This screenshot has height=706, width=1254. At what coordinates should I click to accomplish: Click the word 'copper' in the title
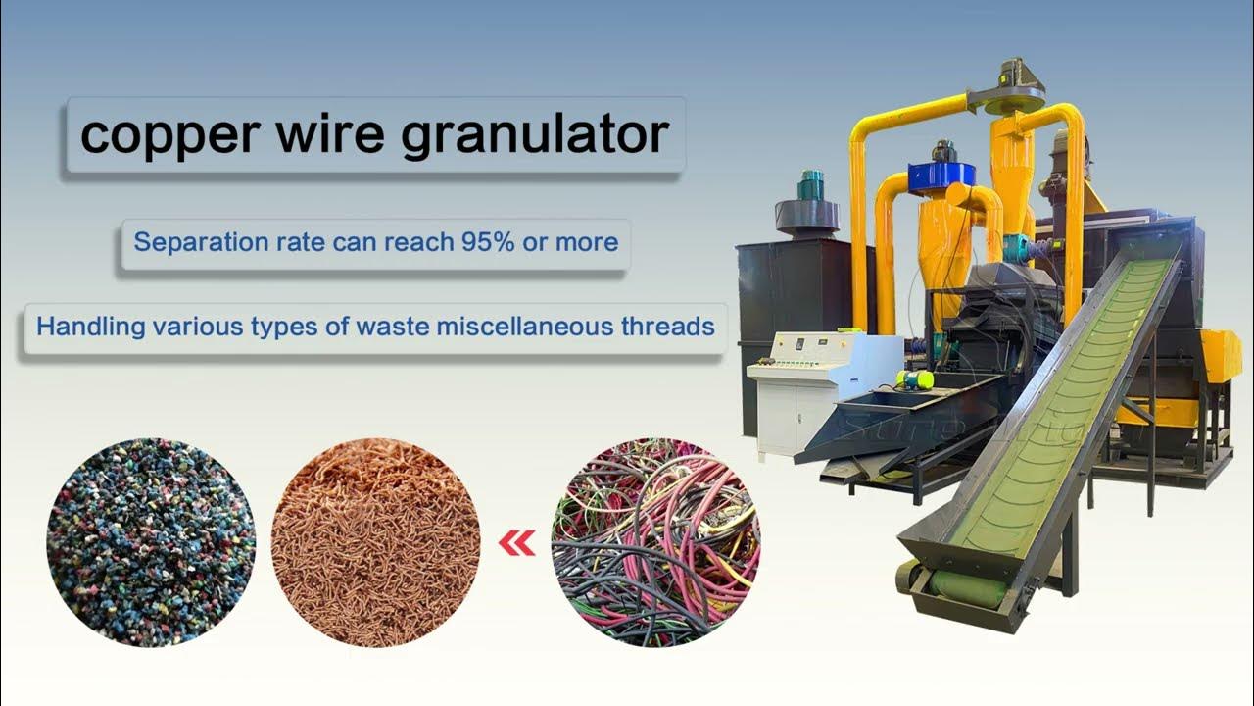[x=170, y=136]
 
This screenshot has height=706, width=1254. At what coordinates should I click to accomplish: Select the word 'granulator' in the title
[x=535, y=136]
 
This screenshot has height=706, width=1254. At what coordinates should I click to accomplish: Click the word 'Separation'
[x=201, y=242]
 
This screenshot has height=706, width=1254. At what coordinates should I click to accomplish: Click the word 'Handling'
[x=91, y=327]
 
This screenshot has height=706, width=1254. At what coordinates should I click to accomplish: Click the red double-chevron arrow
[x=516, y=543]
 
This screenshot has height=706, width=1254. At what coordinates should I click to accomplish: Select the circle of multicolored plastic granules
[x=151, y=542]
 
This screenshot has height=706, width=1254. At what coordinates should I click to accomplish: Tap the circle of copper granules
[x=375, y=542]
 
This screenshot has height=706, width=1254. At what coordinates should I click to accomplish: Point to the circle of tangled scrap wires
[x=656, y=542]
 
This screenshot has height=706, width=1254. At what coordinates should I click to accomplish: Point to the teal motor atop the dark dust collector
[x=811, y=182]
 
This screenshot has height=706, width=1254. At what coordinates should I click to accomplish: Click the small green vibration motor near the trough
[x=915, y=379]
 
